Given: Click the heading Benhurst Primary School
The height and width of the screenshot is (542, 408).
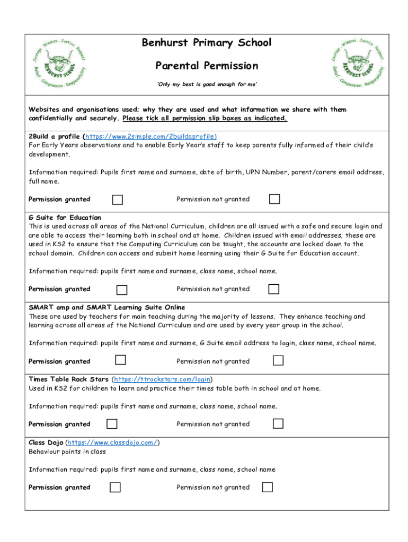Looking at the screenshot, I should coord(206,43).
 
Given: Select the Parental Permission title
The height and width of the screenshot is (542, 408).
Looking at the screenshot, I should coord(207,66).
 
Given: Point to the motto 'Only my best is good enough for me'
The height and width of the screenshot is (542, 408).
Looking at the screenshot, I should coord(207,85).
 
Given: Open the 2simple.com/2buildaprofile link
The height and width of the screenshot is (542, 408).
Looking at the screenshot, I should coord(151,136).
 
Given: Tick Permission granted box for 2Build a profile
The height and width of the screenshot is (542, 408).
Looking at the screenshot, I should coord(118,200).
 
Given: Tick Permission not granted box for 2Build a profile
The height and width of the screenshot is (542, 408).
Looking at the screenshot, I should coord(274,199).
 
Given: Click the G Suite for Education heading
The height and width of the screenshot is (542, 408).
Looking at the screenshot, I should coord(65,218).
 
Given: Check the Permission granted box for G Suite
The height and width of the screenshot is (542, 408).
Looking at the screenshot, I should coord(122,290).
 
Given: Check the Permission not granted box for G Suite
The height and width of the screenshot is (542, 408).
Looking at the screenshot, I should coord(273,289).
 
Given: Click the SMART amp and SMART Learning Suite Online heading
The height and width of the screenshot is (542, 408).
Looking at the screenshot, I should coord(107,308).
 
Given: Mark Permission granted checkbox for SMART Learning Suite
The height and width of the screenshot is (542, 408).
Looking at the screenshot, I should coord(121,360).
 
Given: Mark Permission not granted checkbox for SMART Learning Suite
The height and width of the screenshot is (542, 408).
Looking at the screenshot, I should coord(278,360).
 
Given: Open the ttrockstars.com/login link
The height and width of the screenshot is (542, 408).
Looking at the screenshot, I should coord(162,380).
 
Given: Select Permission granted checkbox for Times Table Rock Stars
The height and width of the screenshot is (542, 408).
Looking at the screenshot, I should coord(112,424).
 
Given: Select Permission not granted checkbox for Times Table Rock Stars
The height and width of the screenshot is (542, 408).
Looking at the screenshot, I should coord(278,423).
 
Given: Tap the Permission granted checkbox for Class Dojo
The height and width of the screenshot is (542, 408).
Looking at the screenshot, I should coord(115,487).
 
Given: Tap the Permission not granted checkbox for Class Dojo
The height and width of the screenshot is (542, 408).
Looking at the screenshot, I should coord(268,487).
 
